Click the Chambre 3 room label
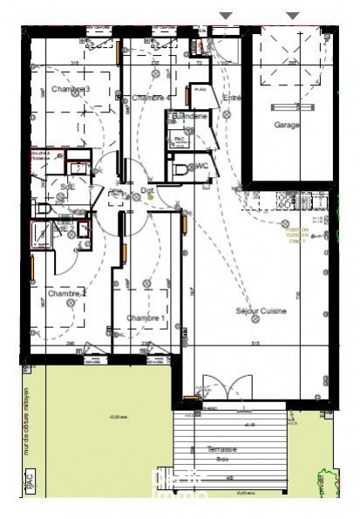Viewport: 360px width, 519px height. [x=71, y=89]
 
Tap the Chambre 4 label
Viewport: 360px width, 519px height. [x=151, y=98]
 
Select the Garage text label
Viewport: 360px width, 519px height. [x=287, y=125]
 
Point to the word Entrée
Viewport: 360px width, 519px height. [x=231, y=98]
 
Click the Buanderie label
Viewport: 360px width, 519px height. [x=189, y=116]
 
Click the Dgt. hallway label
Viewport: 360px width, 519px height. [x=147, y=189]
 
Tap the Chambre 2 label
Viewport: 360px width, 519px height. [x=67, y=294]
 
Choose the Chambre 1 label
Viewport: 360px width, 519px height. [x=146, y=318]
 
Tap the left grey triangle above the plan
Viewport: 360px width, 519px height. [x=226, y=15]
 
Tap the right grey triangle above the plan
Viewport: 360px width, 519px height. [x=293, y=15]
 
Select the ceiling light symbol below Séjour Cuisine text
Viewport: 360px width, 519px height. [x=255, y=320]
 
